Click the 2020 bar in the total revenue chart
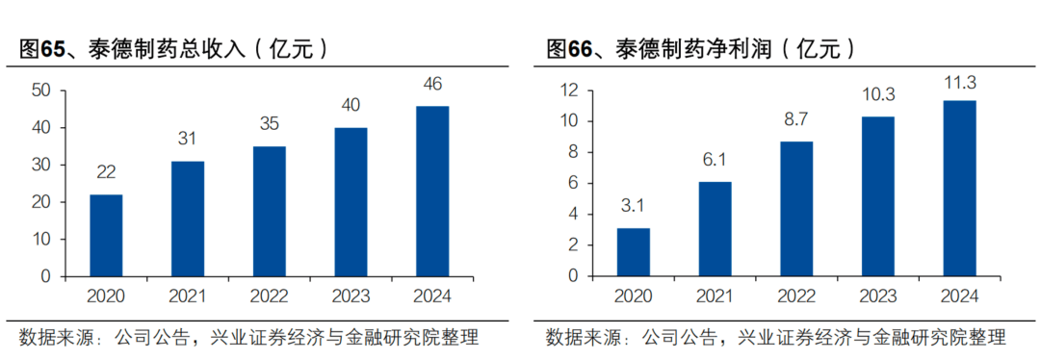point(106,235)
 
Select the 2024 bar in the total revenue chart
point(431,191)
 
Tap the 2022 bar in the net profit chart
point(796,208)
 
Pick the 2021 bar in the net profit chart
point(715,228)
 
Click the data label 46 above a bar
point(431,85)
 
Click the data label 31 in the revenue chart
point(187,140)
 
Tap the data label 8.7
point(796,120)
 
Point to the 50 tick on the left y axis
point(40,90)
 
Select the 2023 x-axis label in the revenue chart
point(350,296)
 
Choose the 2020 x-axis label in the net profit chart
point(634,296)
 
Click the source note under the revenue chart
point(248,338)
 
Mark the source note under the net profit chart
point(776,338)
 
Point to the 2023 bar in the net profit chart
point(878,195)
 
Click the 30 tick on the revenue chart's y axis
point(40,165)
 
